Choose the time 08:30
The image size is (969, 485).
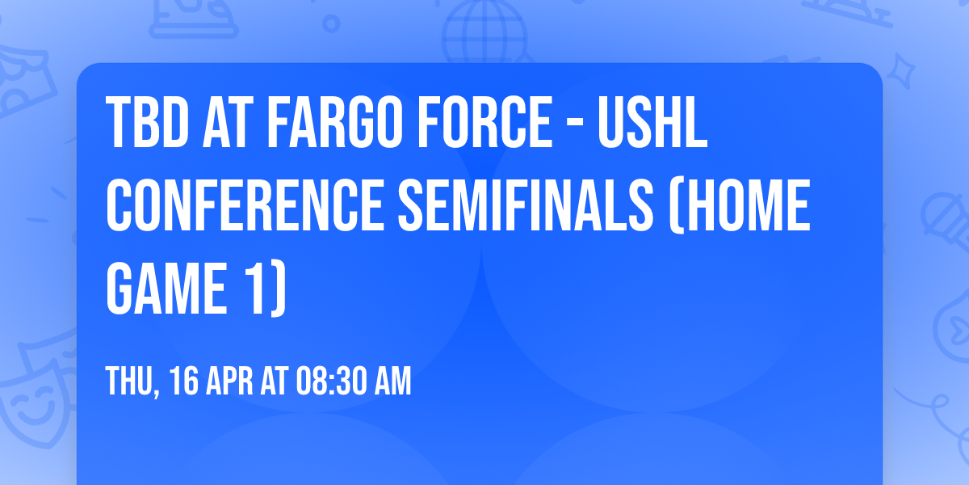[x=332, y=381]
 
